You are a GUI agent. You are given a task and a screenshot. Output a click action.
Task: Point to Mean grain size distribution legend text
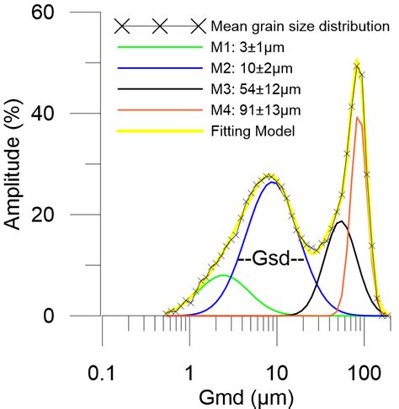[300, 26]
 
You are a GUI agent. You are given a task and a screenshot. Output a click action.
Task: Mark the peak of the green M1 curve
[222, 275]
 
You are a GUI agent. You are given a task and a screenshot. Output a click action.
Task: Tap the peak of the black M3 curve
[340, 221]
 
